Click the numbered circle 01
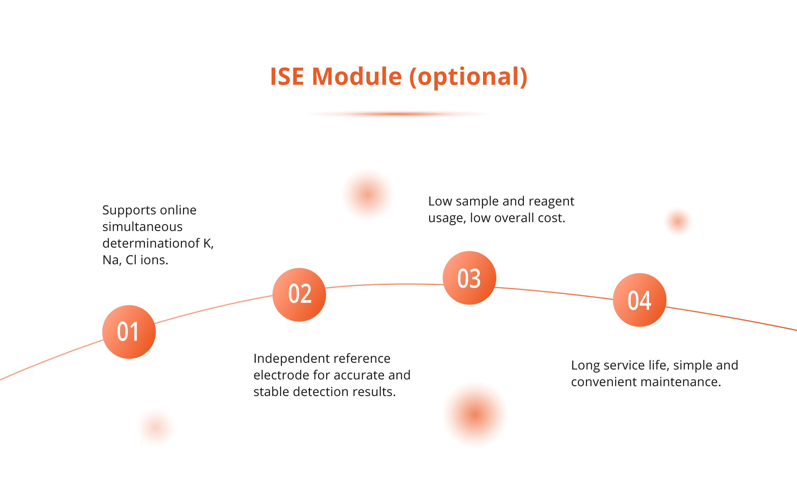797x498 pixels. (x=129, y=332)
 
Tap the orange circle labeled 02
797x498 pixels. (x=299, y=294)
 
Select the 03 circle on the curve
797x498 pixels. (x=469, y=278)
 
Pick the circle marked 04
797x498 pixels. (x=639, y=300)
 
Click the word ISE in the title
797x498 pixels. (x=287, y=76)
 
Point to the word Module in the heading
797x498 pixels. (x=357, y=76)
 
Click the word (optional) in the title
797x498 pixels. (x=469, y=76)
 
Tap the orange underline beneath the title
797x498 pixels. (x=398, y=114)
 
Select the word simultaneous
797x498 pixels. (x=142, y=227)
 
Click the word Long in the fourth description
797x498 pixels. (x=585, y=365)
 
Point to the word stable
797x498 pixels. (x=272, y=392)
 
